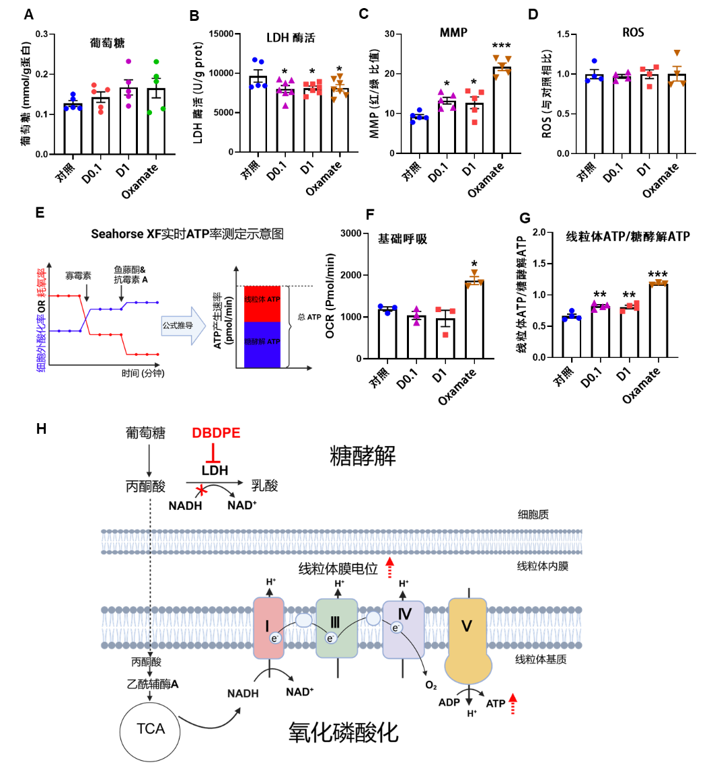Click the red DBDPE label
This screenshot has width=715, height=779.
[216, 434]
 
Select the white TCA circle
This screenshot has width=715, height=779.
[150, 732]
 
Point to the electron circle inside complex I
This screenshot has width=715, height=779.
[275, 638]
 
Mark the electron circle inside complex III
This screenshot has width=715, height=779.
[331, 638]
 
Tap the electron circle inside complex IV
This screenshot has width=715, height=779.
[397, 628]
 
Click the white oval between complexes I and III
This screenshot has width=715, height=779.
[304, 620]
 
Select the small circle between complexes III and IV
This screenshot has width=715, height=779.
[373, 618]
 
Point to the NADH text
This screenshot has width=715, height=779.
[243, 694]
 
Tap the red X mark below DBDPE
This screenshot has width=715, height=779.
[200, 490]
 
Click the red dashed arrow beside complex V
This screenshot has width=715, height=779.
[513, 702]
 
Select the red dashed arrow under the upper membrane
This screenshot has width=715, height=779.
[389, 567]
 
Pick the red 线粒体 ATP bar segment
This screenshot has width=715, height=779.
[262, 304]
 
